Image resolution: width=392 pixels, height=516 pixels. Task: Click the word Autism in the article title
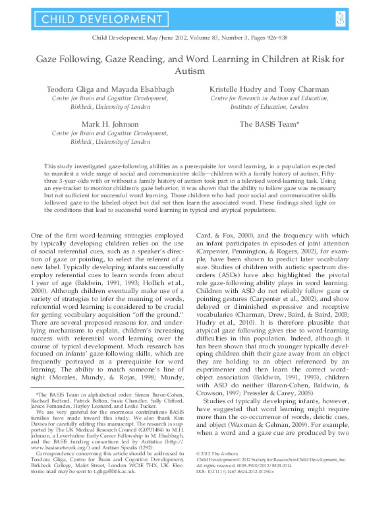(196, 71)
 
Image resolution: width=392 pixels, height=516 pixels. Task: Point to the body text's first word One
(38, 217)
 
